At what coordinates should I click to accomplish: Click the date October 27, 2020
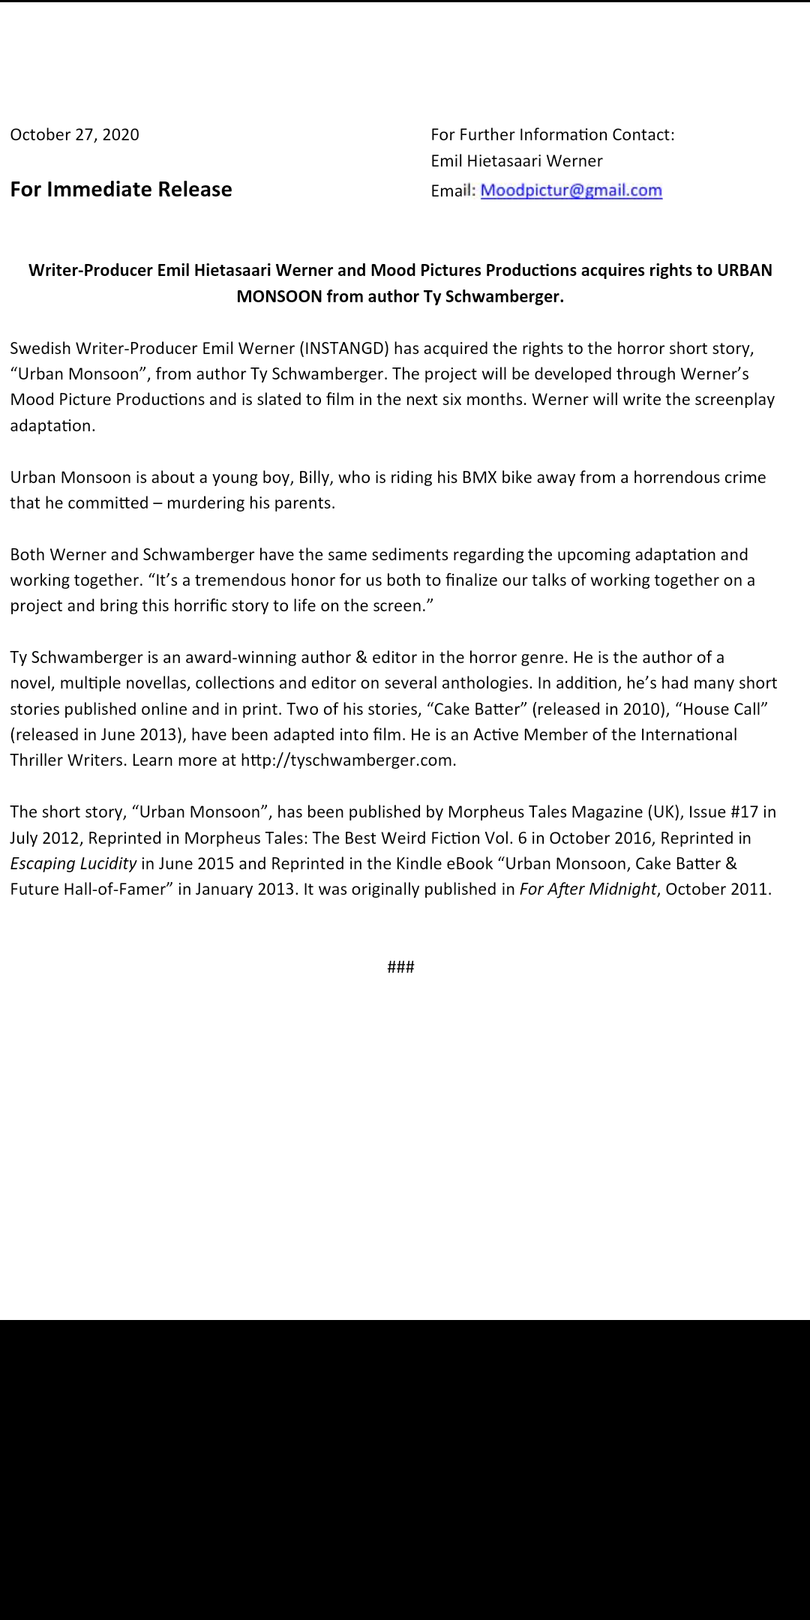point(74,135)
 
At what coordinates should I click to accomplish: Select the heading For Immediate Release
point(121,190)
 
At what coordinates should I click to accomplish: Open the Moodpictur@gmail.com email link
point(571,190)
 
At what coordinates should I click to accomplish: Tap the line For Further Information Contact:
point(552,135)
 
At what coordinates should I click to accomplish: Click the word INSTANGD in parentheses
point(344,349)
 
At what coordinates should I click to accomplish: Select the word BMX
point(479,478)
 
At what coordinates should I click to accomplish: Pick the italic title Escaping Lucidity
point(73,863)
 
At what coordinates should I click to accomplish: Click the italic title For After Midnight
point(587,889)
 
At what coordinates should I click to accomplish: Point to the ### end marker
point(400,967)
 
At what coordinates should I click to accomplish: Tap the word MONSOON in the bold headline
point(279,297)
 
